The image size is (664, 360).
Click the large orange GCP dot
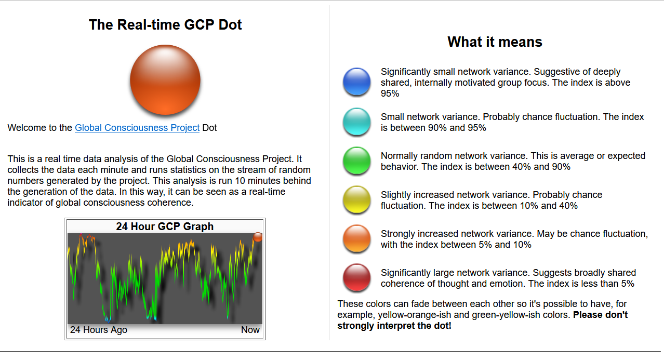click(165, 79)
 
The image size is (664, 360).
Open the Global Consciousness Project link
click(137, 128)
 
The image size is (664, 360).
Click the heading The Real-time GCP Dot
click(165, 24)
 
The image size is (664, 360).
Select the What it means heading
click(495, 42)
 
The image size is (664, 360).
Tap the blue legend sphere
click(356, 82)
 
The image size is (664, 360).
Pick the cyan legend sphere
click(356, 122)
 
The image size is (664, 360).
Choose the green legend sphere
click(356, 161)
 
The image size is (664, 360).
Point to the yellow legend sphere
click(356, 199)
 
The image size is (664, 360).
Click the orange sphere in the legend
click(356, 238)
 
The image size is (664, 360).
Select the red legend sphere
click(356, 277)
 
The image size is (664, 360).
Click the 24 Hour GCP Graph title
click(165, 226)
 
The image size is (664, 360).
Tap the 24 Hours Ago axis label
click(98, 330)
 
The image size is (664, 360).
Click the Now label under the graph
click(250, 330)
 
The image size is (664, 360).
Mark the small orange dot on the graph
click(258, 237)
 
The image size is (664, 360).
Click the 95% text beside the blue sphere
click(390, 94)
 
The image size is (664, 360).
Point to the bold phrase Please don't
click(600, 315)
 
